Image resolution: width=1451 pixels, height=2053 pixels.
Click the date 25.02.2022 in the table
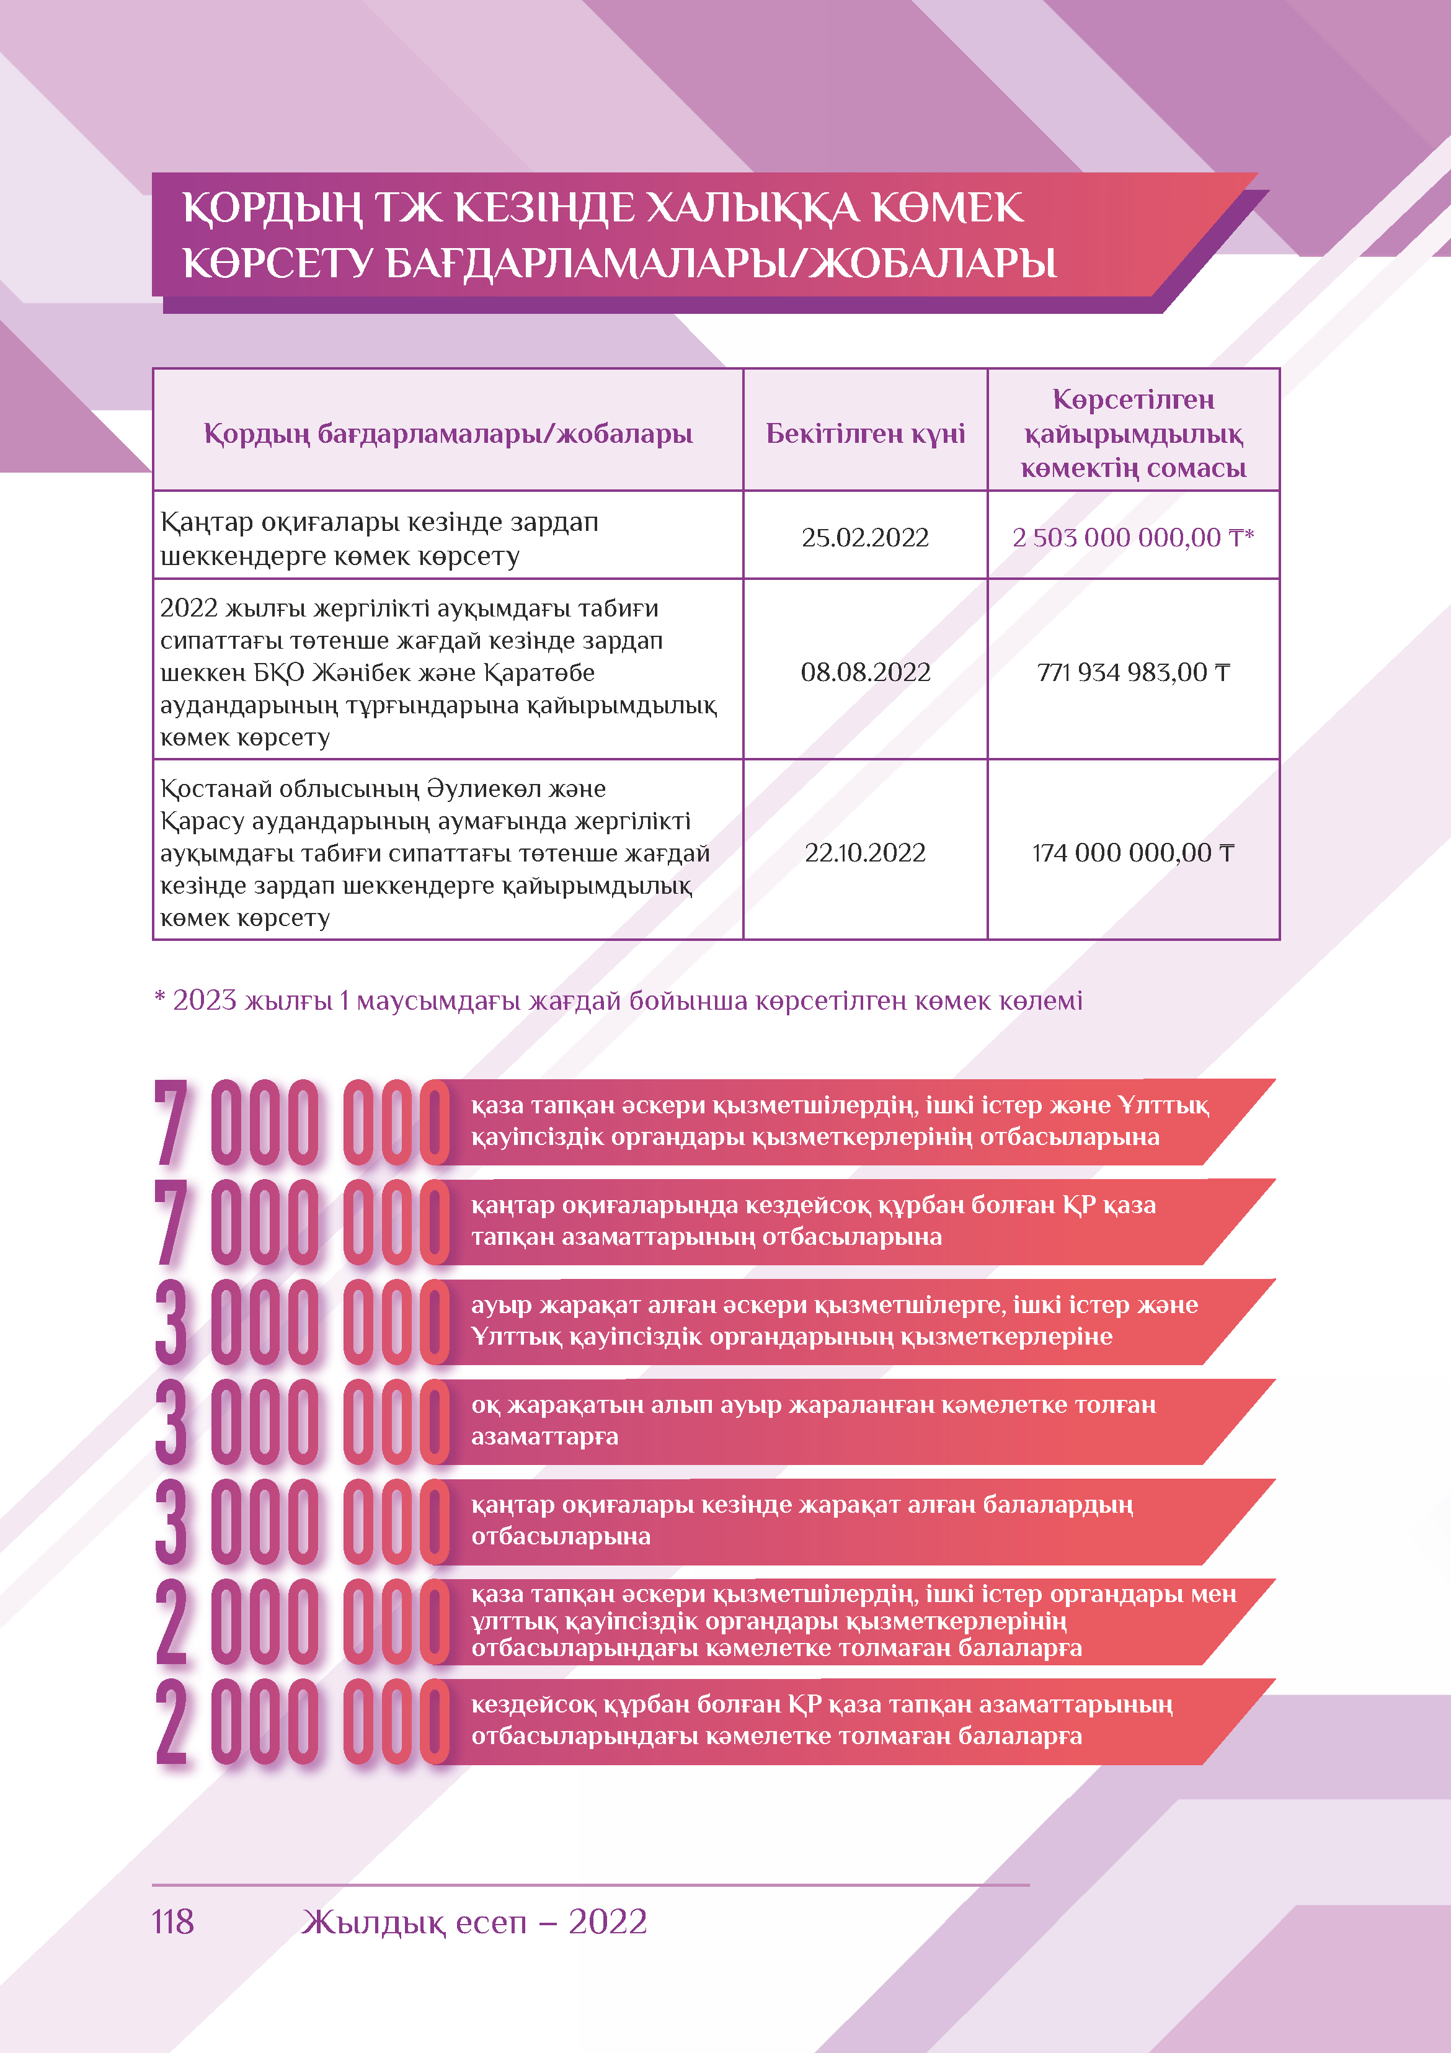click(x=864, y=537)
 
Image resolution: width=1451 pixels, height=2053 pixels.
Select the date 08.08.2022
click(x=864, y=672)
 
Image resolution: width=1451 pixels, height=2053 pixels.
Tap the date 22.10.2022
click(x=864, y=853)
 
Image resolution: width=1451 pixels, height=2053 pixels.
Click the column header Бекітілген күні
click(x=864, y=434)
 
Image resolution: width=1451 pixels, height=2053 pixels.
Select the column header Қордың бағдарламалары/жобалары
click(x=448, y=434)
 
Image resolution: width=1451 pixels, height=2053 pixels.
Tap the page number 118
click(x=172, y=1922)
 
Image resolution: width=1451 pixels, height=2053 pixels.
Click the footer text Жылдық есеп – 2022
click(x=474, y=1922)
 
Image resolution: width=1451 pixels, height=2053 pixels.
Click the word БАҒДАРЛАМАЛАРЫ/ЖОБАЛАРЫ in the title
click(x=721, y=264)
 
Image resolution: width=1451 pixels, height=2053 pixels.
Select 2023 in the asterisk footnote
click(x=204, y=1000)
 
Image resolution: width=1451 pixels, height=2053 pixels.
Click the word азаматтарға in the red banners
click(x=544, y=1437)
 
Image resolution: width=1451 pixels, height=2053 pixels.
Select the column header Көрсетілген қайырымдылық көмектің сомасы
click(x=1133, y=434)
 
